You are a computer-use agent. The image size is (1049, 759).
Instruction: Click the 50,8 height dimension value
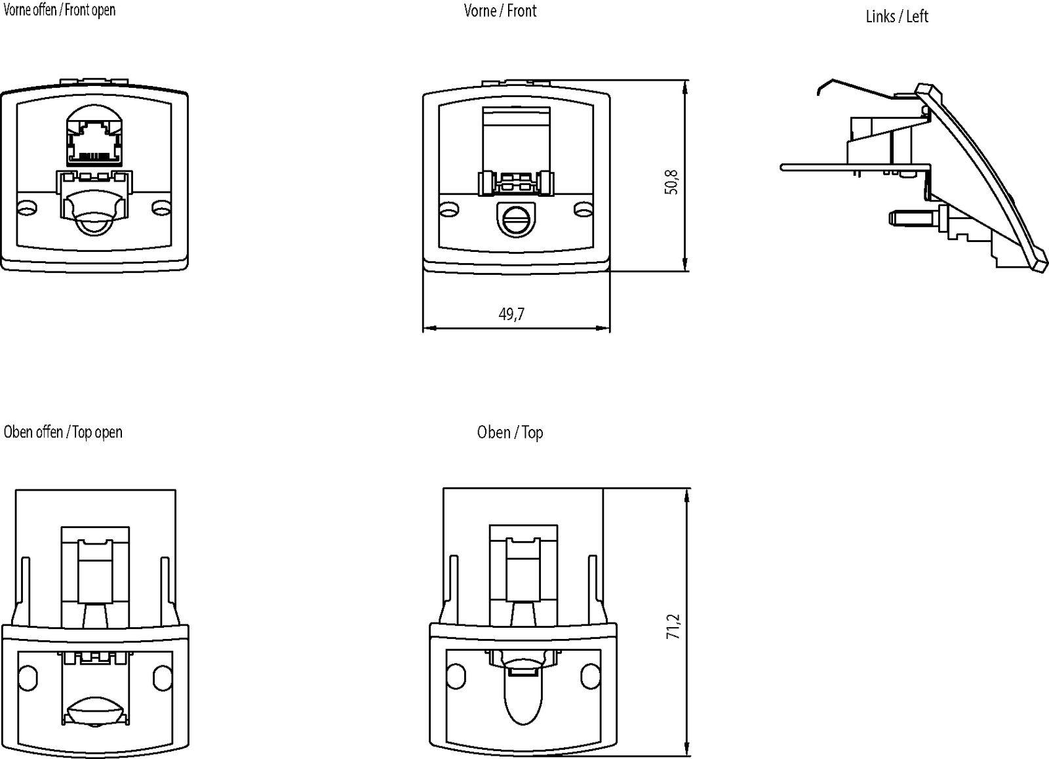tap(671, 182)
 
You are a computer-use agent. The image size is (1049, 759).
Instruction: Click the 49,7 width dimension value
tap(511, 314)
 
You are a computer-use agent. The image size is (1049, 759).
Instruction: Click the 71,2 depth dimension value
tap(673, 626)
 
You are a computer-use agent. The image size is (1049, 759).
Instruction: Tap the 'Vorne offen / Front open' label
tap(59, 10)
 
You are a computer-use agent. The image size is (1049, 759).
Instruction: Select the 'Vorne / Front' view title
tap(500, 10)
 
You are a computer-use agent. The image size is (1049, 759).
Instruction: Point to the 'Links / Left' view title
tap(896, 16)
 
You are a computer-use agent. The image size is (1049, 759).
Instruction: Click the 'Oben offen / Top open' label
tap(63, 432)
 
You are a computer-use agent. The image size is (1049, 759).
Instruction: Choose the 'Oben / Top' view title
tap(510, 432)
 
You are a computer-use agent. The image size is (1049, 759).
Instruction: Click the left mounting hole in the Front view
tap(449, 210)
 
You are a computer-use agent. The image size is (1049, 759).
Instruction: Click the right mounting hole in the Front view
tap(583, 210)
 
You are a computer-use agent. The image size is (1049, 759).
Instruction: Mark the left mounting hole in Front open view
tap(27, 209)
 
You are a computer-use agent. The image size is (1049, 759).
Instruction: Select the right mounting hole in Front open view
tap(161, 209)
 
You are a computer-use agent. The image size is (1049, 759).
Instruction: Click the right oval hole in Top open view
tap(161, 677)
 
